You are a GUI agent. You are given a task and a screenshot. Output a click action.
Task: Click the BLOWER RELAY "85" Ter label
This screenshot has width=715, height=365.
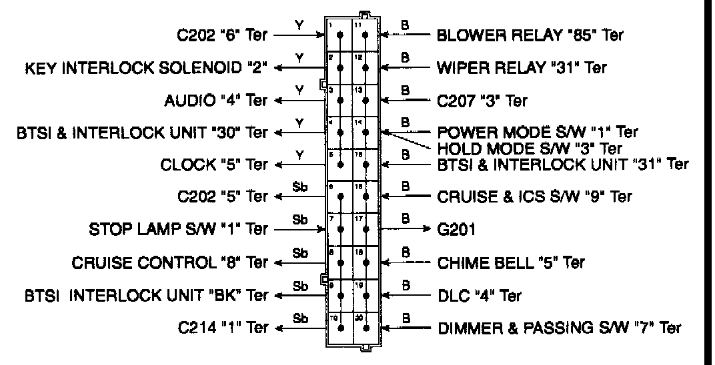click(x=530, y=35)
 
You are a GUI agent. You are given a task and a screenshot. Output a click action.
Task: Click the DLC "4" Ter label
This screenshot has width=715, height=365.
click(x=480, y=295)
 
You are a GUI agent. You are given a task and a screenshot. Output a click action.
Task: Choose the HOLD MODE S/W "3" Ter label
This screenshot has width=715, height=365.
click(x=530, y=147)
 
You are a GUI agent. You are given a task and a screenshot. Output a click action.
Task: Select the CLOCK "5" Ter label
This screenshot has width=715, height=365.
click(x=214, y=164)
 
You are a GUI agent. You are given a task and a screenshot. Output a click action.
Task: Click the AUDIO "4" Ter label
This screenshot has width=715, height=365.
click(x=215, y=101)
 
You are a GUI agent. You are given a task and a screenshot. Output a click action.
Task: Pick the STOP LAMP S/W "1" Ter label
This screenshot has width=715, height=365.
click(x=179, y=230)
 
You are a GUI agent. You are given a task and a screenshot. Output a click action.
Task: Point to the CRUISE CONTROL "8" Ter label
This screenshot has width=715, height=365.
click(x=170, y=262)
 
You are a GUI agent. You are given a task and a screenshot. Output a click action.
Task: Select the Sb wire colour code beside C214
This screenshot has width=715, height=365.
click(x=299, y=318)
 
